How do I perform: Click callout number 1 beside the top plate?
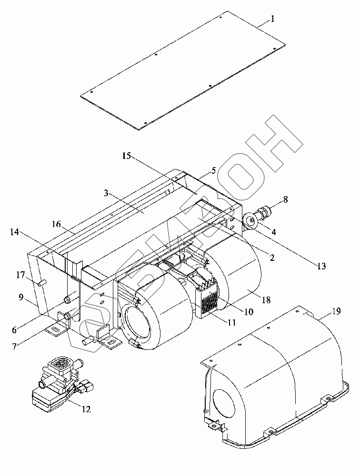tap(272, 19)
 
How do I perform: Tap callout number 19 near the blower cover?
tap(337, 311)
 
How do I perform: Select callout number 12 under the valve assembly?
tap(86, 409)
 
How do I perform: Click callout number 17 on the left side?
tap(20, 276)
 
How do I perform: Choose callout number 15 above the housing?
tap(127, 156)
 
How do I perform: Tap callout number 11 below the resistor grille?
tap(232, 322)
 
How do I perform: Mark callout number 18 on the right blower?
tap(266, 300)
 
